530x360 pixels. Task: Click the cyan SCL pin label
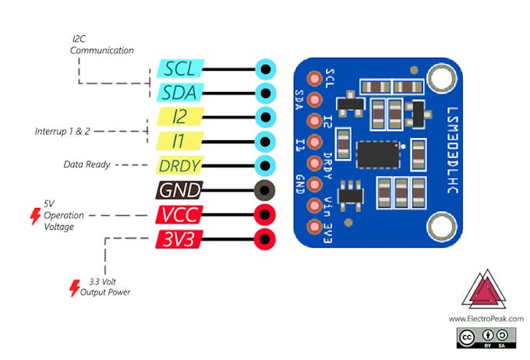tap(179, 69)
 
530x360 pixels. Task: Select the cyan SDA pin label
tap(179, 93)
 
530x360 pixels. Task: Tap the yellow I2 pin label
tap(179, 118)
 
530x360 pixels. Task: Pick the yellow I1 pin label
tap(179, 142)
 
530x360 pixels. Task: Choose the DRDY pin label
tap(179, 166)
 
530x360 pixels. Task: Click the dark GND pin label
tap(179, 190)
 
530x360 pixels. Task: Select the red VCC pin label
tap(179, 215)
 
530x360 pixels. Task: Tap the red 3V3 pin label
tap(179, 239)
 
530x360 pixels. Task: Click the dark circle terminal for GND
tap(267, 190)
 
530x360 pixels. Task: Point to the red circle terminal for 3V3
tap(267, 239)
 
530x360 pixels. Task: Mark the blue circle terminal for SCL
tap(267, 69)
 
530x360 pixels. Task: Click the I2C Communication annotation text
tap(101, 44)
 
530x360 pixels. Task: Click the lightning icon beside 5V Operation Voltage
tap(34, 216)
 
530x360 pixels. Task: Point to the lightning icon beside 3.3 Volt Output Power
tap(75, 288)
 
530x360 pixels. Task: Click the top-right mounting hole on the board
tap(439, 79)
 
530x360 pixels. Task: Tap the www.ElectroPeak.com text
tap(486, 319)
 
